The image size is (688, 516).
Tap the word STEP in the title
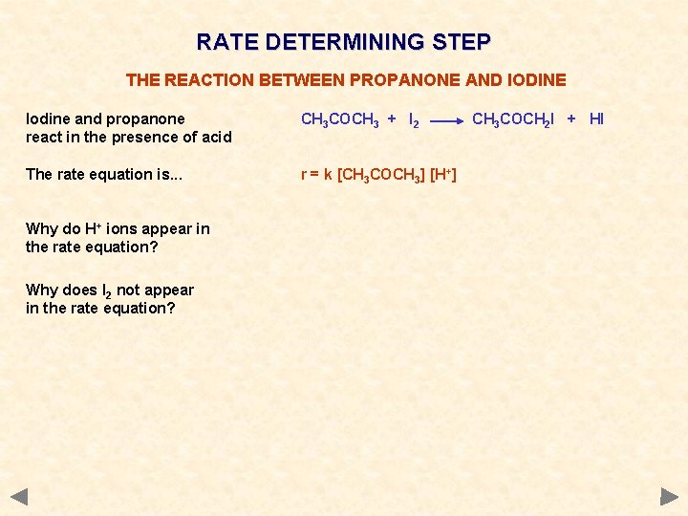coord(461,42)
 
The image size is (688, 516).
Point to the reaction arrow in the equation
coord(446,122)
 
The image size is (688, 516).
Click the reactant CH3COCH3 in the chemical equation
coord(340,119)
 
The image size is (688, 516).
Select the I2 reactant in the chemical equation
coord(414,119)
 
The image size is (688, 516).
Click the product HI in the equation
coord(596,119)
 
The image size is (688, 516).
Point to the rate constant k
coord(327,174)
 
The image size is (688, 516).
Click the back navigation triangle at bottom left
coord(18,497)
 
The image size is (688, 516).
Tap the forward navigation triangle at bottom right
coord(669,497)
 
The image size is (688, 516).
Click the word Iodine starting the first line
coord(48,119)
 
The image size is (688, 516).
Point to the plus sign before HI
coord(570,119)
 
